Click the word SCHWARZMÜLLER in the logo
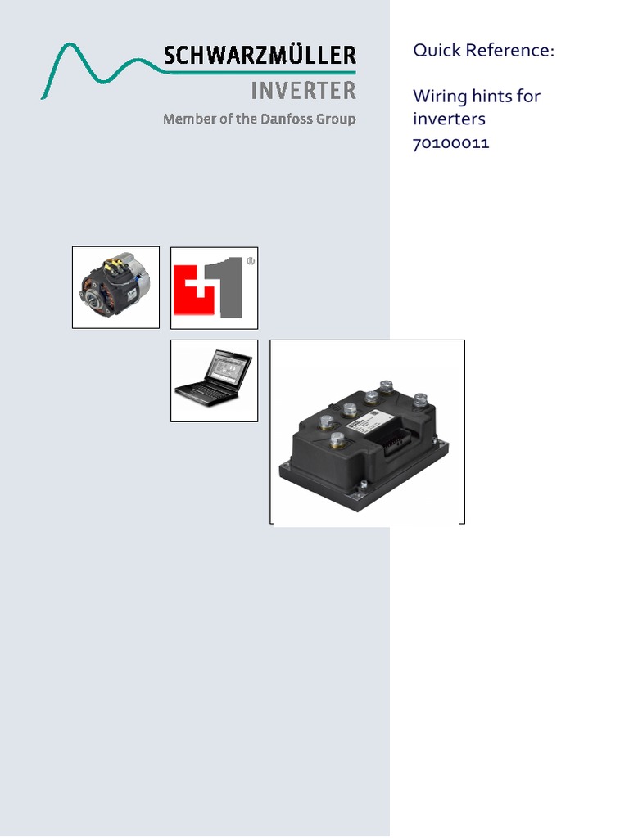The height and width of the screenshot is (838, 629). (x=260, y=56)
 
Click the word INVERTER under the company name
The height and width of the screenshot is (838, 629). (x=303, y=89)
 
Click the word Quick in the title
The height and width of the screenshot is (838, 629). (x=436, y=51)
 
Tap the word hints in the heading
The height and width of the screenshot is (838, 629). (x=491, y=97)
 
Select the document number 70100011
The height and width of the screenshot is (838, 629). (x=451, y=144)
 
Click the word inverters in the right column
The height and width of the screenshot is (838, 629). (x=450, y=119)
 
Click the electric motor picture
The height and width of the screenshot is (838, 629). (x=115, y=287)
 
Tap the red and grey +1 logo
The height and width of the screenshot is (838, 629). (x=214, y=286)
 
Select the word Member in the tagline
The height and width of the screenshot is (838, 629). (x=186, y=119)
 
